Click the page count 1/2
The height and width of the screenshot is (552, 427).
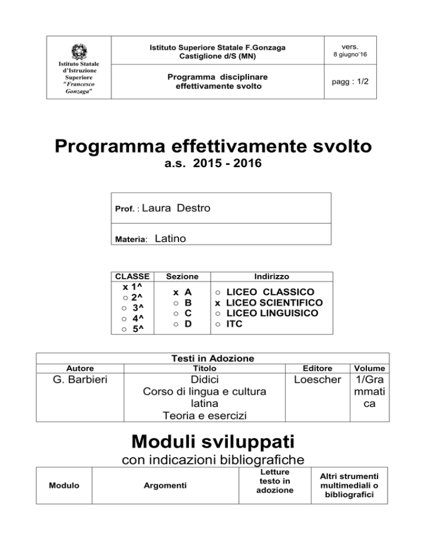point(360,81)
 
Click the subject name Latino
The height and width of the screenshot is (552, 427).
point(170,239)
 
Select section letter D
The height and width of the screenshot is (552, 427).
point(188,324)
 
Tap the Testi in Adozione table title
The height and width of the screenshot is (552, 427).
point(213,358)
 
